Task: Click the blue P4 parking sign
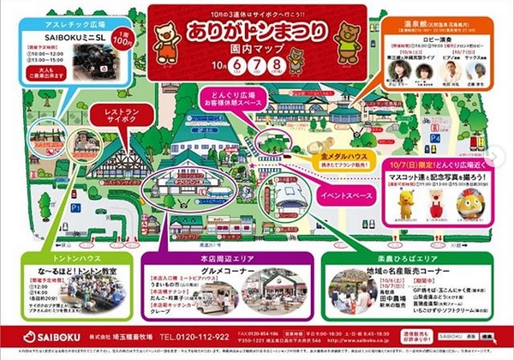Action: (435, 136)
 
